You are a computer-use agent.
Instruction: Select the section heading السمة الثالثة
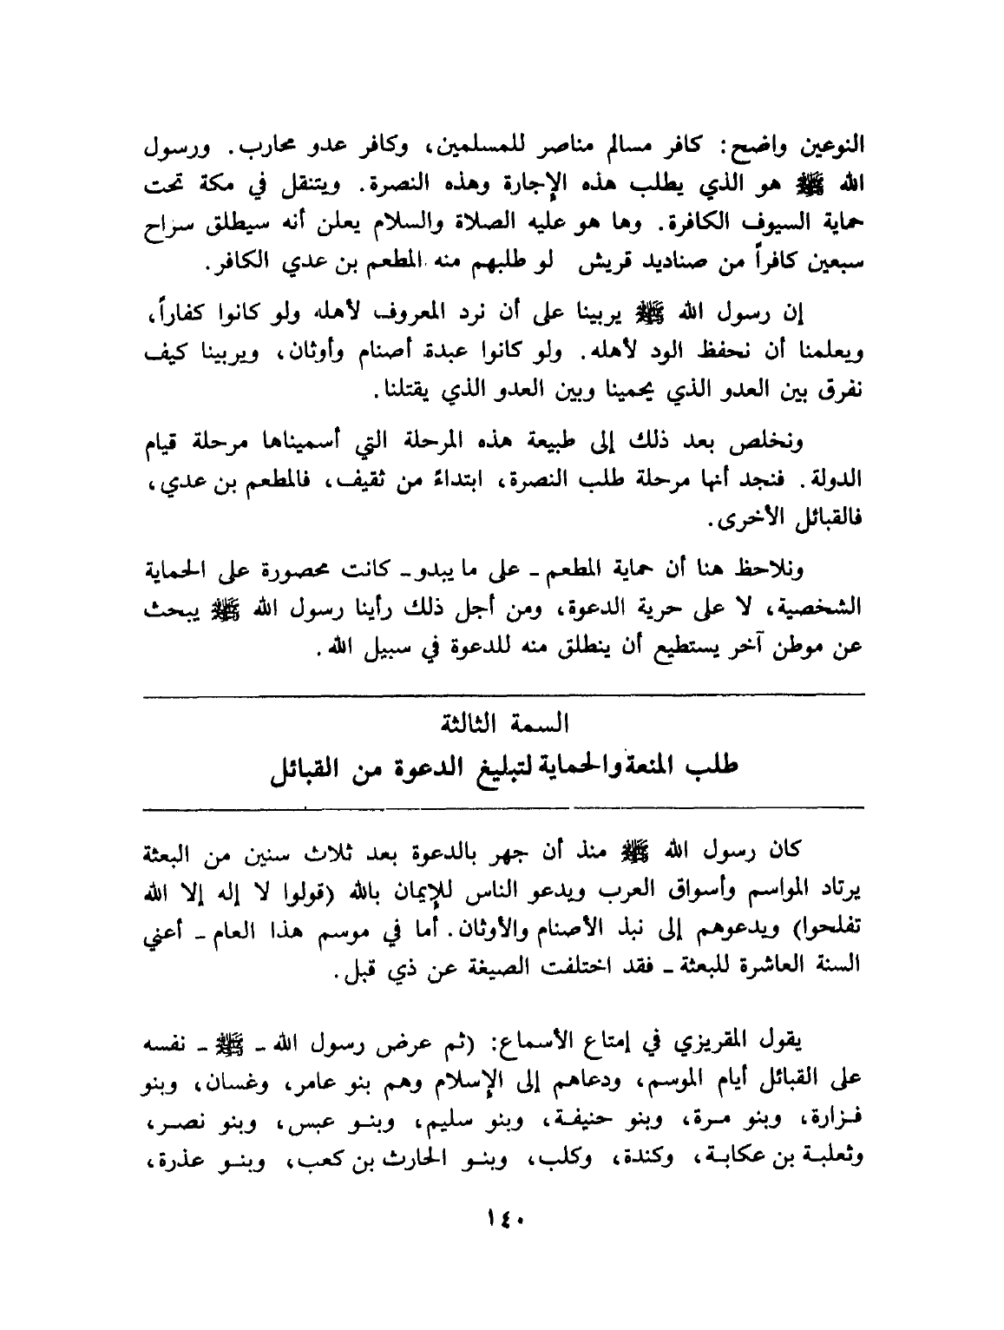coord(502,721)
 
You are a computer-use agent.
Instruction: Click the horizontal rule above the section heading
coord(502,692)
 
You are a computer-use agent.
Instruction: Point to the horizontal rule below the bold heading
coord(502,807)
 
